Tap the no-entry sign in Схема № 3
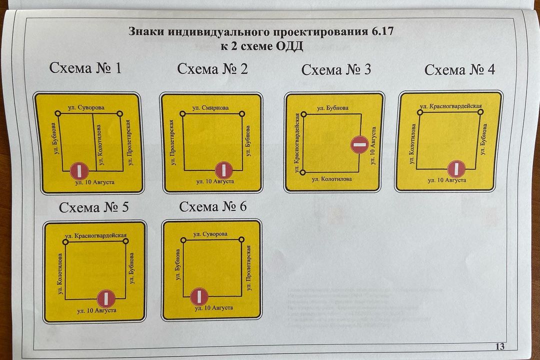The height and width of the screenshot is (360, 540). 359,145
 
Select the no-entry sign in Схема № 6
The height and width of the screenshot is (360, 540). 199,296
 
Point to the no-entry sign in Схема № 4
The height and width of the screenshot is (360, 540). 456,169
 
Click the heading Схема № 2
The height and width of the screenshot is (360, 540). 212,68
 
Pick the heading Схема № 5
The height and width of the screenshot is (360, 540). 93,207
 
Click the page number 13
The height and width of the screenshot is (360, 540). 499,346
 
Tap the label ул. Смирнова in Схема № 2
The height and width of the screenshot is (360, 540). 210,107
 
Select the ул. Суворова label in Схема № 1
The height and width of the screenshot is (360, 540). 86,107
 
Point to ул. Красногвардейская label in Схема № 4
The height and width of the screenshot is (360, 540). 451,106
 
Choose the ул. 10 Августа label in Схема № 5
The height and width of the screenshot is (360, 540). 96,310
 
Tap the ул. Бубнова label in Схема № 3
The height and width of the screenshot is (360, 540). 332,107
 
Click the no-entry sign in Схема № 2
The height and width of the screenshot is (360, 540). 223,170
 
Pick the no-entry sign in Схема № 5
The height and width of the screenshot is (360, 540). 105,298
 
